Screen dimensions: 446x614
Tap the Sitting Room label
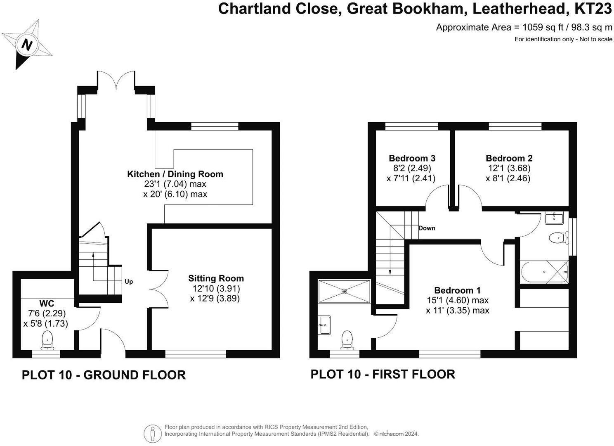click(216, 278)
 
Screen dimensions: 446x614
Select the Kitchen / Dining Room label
click(175, 174)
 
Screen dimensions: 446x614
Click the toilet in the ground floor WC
click(48, 339)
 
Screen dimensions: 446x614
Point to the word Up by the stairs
click(129, 282)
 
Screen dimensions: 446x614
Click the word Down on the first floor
click(427, 228)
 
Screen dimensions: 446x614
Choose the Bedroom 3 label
click(412, 158)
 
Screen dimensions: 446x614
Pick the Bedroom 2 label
click(509, 158)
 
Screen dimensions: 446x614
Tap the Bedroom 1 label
click(457, 290)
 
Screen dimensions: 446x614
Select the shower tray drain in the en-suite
click(345, 291)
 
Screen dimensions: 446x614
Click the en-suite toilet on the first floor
click(348, 339)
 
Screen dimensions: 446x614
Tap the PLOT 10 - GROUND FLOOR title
click(104, 375)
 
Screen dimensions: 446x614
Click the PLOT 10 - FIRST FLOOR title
click(383, 374)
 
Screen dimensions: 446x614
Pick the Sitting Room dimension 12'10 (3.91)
click(216, 288)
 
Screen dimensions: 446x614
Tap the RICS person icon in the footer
click(153, 434)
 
